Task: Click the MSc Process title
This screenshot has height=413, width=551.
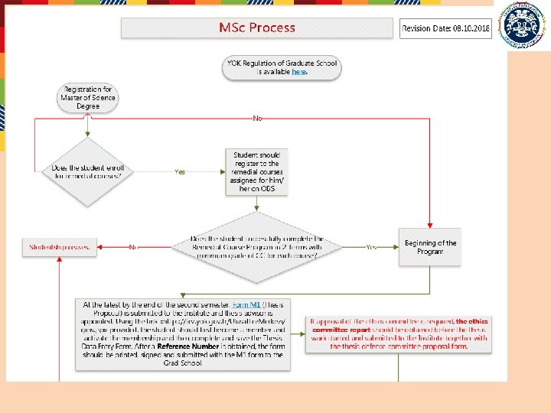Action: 256,28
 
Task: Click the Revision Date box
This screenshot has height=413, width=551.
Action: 446,28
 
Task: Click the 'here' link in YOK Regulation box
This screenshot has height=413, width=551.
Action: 298,71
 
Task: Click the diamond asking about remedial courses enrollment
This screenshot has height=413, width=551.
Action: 90,171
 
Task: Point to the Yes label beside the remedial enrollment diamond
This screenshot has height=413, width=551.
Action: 180,172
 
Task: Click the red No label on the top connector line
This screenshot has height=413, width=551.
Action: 257,119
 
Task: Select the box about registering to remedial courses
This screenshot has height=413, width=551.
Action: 257,171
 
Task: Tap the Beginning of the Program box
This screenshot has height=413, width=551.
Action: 430,247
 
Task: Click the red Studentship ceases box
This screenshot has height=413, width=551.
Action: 60,247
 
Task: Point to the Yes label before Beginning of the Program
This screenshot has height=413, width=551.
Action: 372,247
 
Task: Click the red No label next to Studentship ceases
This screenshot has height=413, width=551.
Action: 132,247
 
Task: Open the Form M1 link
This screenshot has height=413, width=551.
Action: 246,305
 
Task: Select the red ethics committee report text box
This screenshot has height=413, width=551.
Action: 399,333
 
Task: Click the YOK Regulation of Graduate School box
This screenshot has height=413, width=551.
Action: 282,67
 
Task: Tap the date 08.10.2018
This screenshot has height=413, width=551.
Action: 471,29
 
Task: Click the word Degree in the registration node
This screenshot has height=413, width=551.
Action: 88,106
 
